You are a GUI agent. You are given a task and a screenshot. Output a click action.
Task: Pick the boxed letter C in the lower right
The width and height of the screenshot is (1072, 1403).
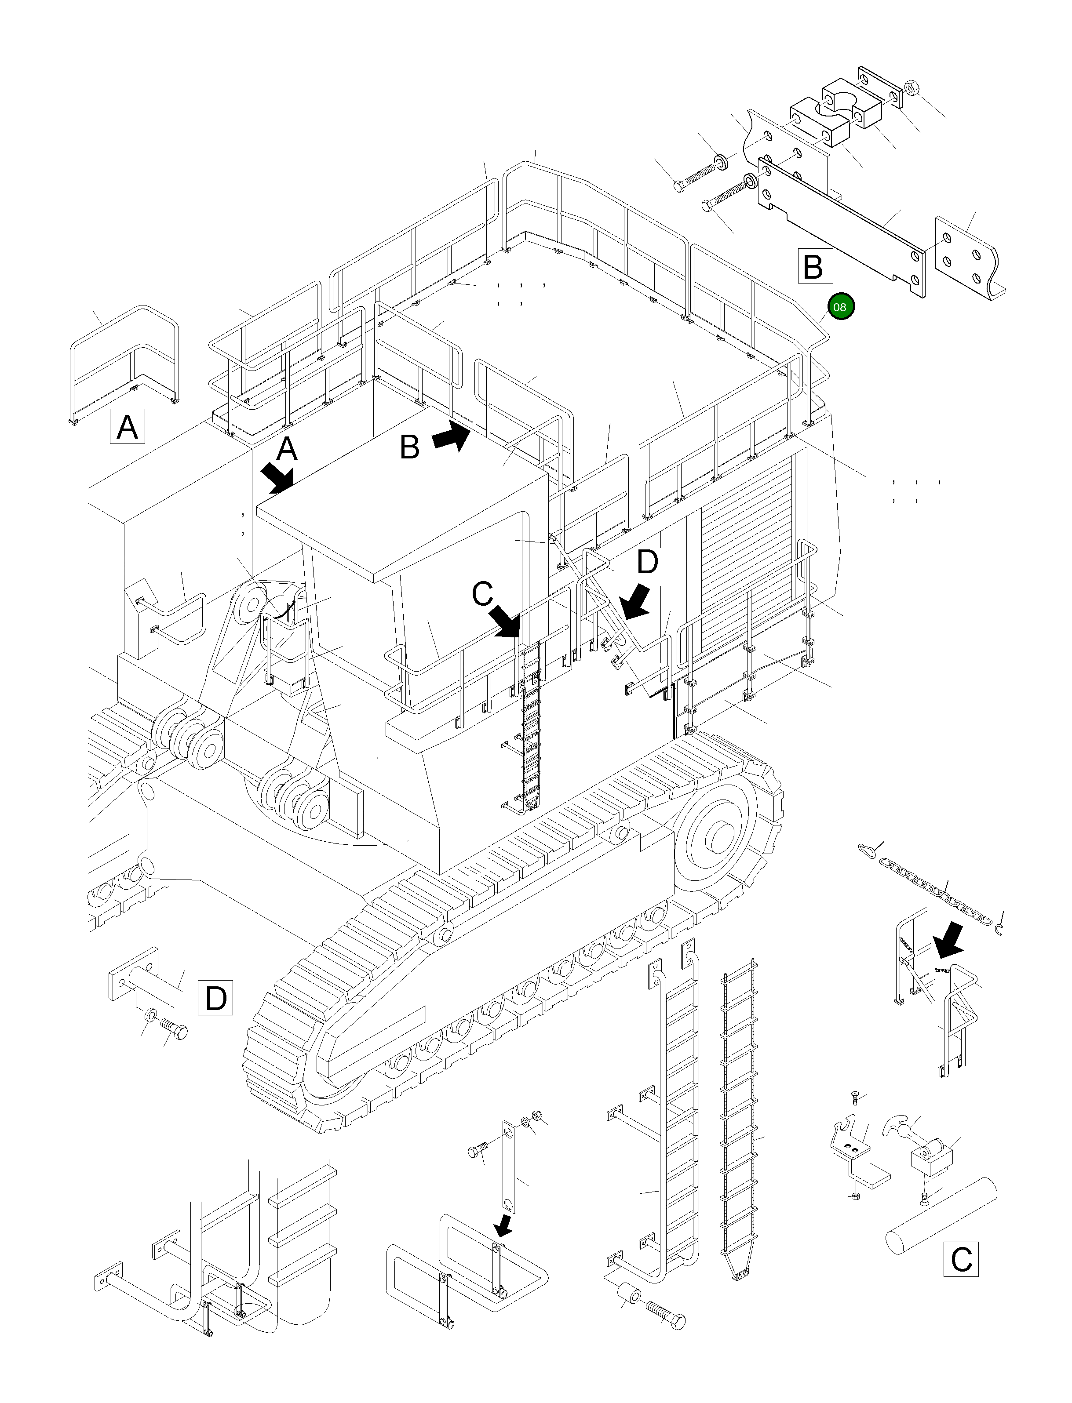(x=961, y=1259)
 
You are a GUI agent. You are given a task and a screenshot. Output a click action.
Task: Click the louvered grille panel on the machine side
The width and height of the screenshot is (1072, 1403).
(x=748, y=552)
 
